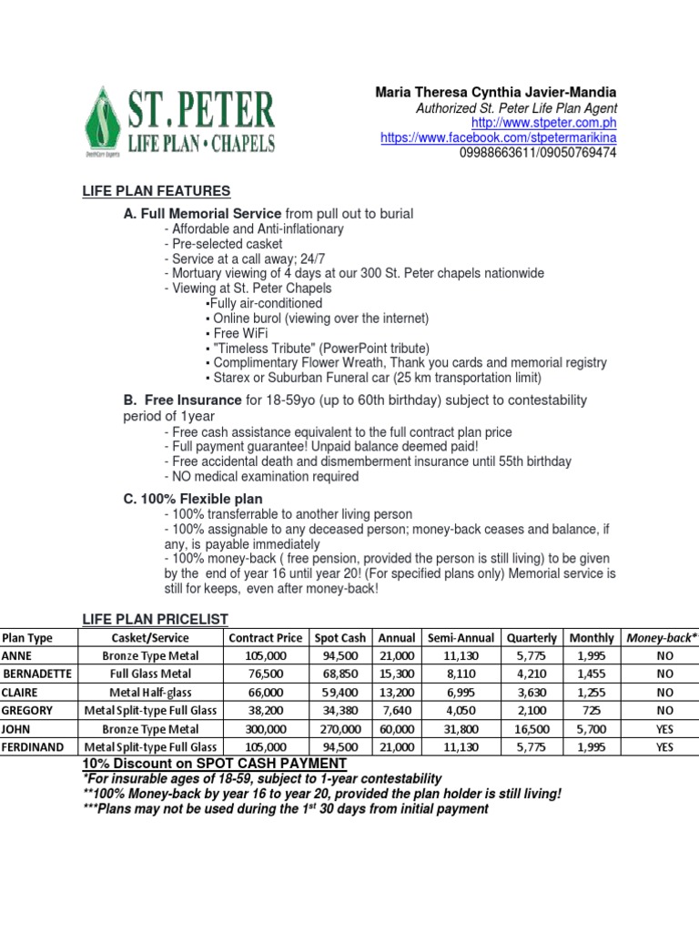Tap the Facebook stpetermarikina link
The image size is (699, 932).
(x=498, y=137)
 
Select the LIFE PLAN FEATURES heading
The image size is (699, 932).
(x=156, y=191)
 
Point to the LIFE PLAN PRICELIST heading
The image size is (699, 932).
(x=155, y=619)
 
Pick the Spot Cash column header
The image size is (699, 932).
(x=339, y=638)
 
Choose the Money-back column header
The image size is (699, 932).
(x=663, y=638)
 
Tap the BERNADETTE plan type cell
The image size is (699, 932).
(x=37, y=674)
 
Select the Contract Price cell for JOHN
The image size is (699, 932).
(x=267, y=729)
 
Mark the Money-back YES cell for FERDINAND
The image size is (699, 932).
(x=664, y=746)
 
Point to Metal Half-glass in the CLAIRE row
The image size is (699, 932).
(x=148, y=692)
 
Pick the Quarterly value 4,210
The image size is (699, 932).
(x=532, y=674)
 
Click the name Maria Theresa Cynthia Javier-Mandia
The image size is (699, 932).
(x=496, y=93)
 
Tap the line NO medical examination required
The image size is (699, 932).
(x=261, y=476)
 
